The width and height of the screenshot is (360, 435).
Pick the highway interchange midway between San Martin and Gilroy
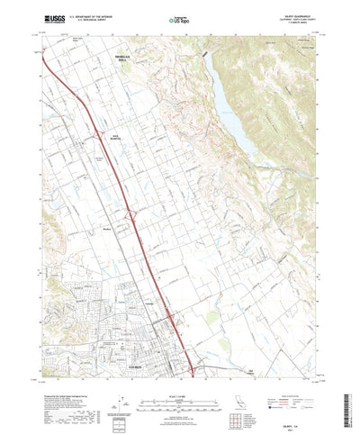coord(133,214)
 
